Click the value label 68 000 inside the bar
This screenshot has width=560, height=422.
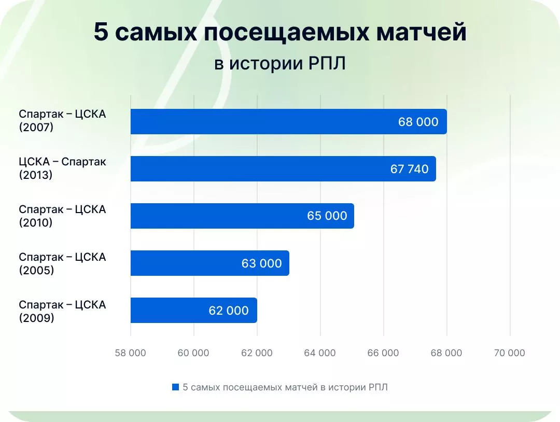(418, 122)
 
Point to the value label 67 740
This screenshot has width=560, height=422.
(409, 170)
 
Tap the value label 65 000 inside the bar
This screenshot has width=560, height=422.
(327, 216)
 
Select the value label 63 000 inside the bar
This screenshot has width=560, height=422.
(261, 263)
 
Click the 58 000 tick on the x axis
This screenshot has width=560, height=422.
(130, 353)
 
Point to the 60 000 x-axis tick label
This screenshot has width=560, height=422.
(193, 353)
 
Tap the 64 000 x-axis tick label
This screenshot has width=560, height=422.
(320, 353)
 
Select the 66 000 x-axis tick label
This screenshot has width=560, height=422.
(383, 353)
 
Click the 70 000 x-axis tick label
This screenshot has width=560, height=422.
(510, 353)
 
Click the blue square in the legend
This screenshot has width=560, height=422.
(175, 387)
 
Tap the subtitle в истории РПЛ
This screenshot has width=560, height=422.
(280, 63)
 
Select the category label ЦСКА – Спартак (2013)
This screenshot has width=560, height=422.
(62, 168)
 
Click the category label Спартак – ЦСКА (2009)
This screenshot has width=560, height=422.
(62, 311)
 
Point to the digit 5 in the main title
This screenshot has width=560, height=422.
(101, 33)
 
